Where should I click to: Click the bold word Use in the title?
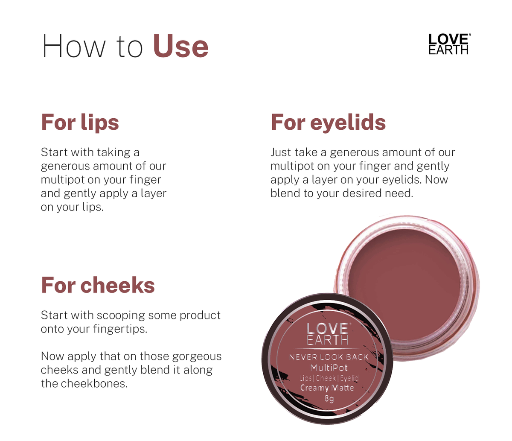coord(180,47)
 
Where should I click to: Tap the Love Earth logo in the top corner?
coord(449,44)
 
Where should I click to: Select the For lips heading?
coord(80,123)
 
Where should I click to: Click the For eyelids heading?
coord(328,122)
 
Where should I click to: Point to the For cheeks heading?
coord(98,285)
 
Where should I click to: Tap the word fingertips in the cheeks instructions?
coord(120,329)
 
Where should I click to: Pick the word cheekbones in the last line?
coord(94,383)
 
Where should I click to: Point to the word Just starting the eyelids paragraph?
coord(281,152)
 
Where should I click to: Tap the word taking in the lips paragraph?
coord(113,153)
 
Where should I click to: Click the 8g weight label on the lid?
coord(329,398)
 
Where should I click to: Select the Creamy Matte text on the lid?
coord(327,388)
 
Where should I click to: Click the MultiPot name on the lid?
coord(329,368)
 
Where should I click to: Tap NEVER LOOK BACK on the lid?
coord(329,357)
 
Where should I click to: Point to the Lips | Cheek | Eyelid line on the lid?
coord(329,378)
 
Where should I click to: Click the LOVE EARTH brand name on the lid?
coord(328,334)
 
